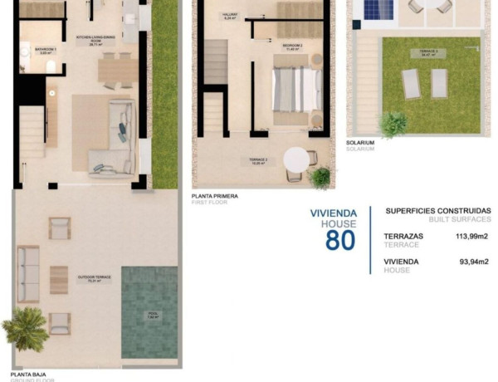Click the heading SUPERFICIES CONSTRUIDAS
tap(438, 211)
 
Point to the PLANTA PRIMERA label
tap(214, 196)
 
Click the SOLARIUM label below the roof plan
tap(360, 142)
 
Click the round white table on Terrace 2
tap(297, 159)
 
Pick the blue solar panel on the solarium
tap(379, 11)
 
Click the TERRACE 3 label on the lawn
tap(428, 51)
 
